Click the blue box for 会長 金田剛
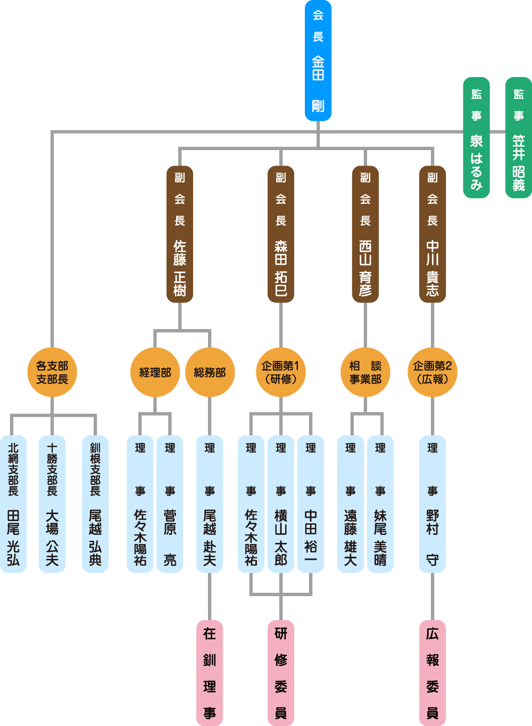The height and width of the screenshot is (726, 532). point(318,61)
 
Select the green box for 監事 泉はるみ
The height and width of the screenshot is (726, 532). point(476,138)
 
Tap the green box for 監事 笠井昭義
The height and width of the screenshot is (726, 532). point(518,138)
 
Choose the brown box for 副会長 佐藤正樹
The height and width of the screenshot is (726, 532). point(180,234)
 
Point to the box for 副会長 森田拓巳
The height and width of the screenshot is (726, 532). point(281,234)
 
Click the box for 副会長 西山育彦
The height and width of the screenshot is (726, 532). point(365,234)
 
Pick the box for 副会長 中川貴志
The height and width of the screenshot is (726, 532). point(433,234)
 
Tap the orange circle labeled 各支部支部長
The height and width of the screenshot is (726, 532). point(52,372)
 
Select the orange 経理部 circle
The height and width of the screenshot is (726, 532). point(155,372)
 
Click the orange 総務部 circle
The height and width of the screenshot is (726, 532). point(210,372)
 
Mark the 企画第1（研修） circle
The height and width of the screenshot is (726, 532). point(281,372)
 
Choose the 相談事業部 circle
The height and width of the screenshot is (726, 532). point(365,372)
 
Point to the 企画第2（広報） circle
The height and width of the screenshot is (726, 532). point(433,372)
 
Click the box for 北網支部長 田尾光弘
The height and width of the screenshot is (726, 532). point(13,504)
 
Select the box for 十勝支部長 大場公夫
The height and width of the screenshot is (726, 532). point(52,504)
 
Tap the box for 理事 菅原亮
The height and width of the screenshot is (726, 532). point(170,504)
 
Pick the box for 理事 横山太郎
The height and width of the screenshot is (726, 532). point(281,504)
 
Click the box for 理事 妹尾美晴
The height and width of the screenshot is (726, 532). point(380,504)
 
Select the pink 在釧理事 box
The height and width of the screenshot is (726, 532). point(210,673)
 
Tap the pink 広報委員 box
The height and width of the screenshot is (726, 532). point(433,673)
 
